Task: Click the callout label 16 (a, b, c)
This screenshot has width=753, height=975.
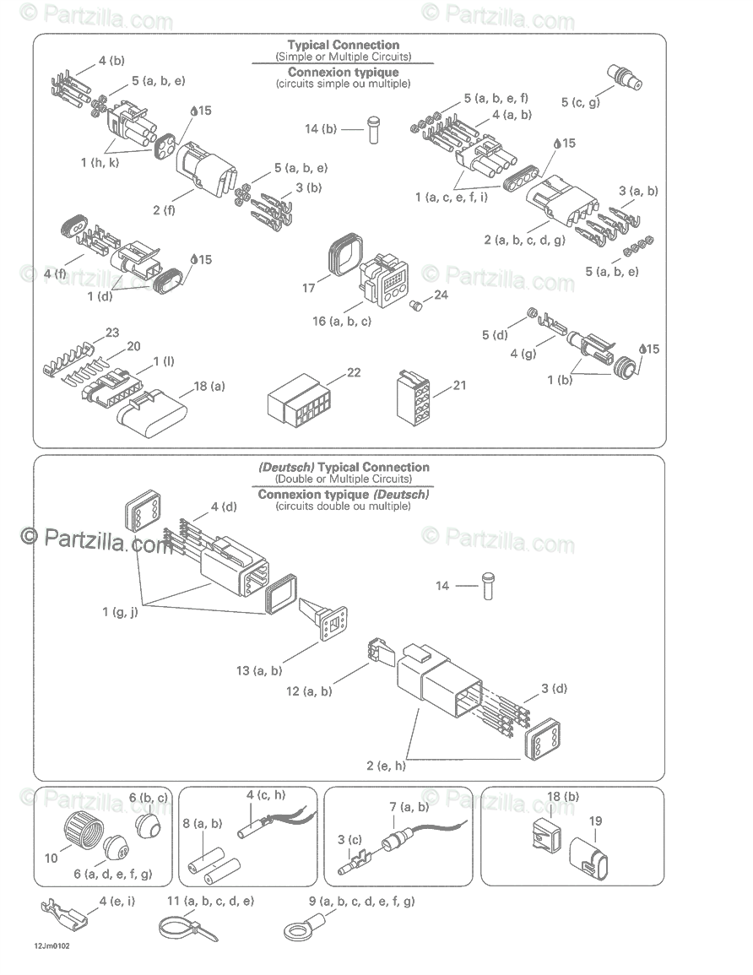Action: [342, 321]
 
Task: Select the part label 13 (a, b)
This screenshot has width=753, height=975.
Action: [259, 671]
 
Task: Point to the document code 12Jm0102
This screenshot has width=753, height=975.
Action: [52, 946]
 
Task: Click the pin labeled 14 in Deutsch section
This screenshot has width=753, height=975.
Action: [487, 586]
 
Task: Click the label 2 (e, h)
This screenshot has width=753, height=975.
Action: [386, 766]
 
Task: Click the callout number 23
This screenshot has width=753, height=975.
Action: [112, 332]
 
